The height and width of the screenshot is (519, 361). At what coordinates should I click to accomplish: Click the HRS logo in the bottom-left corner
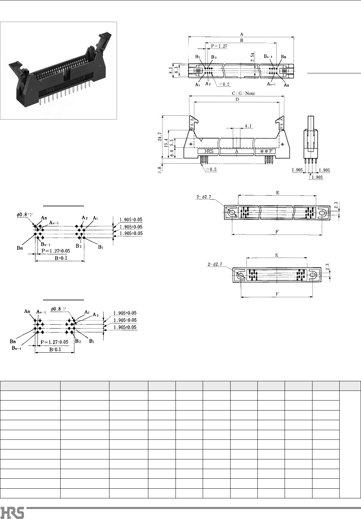click(12, 512)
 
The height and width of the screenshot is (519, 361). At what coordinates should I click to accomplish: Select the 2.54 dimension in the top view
click(253, 57)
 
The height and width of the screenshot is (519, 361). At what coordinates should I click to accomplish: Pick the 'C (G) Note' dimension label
click(243, 93)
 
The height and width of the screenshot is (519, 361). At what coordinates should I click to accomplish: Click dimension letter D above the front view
click(237, 100)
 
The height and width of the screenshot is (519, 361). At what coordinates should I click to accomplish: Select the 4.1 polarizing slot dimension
click(248, 126)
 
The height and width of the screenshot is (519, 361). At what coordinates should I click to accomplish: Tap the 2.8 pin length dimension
click(160, 170)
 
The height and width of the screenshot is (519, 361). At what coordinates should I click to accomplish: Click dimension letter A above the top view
click(242, 34)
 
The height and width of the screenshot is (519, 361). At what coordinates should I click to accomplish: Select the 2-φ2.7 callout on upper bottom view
click(204, 197)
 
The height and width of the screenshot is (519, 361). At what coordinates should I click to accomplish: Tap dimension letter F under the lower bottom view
click(277, 294)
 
